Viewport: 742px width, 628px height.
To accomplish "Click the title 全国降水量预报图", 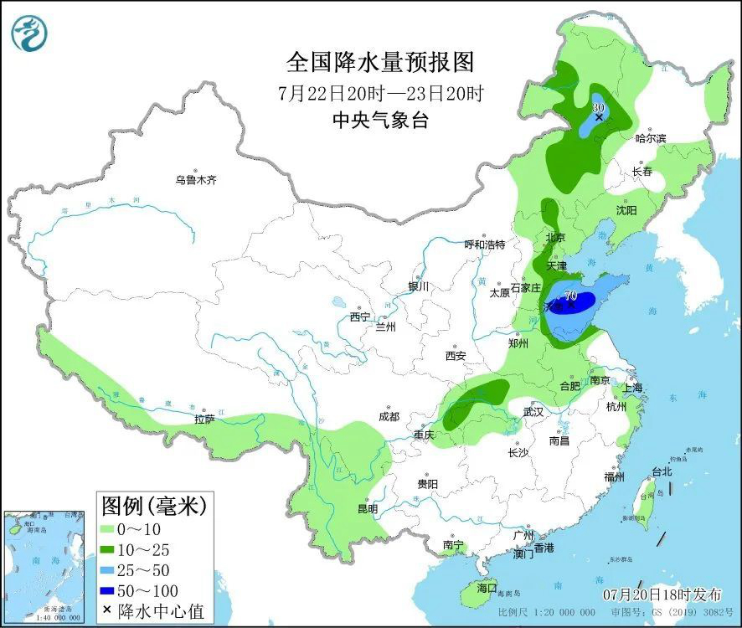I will click(380, 63).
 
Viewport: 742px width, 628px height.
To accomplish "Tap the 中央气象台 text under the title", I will click(380, 120).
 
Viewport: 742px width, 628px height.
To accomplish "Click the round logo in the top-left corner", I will click(30, 33).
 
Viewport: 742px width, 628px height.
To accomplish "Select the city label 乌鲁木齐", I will click(195, 180).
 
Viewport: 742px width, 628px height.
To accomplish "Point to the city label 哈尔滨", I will click(651, 138).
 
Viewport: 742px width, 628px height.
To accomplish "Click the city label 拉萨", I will click(205, 420).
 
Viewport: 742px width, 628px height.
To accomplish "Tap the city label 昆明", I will click(368, 508).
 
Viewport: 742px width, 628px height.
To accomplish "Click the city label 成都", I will click(389, 416).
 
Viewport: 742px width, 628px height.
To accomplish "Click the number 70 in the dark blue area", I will click(570, 296).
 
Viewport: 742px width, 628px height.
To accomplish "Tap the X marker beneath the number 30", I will click(599, 118).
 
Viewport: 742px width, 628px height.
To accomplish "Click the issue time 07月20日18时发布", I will click(662, 595).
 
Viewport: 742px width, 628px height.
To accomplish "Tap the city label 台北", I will click(662, 471).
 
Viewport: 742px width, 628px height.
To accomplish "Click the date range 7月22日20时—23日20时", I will click(380, 92).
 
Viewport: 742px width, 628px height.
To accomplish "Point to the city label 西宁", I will click(360, 317).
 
